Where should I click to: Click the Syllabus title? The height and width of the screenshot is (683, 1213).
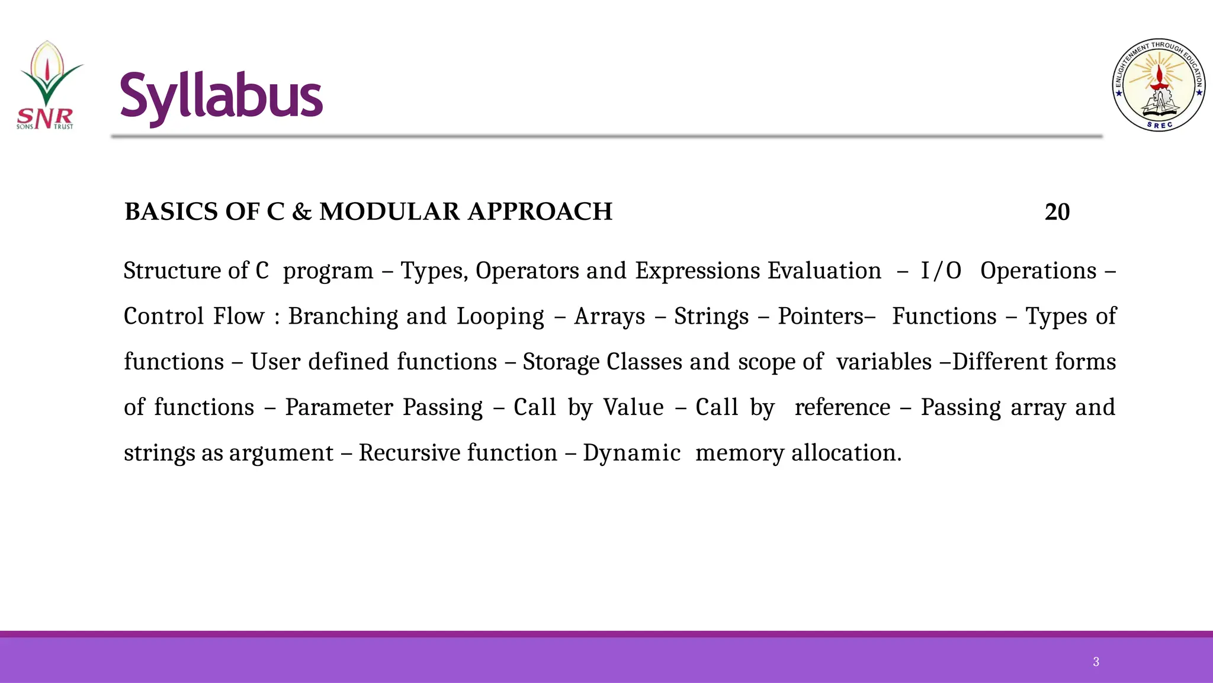pyautogui.click(x=221, y=97)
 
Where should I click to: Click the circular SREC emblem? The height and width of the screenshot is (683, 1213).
pyautogui.click(x=1159, y=85)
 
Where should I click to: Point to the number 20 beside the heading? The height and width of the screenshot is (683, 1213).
pyautogui.click(x=1057, y=212)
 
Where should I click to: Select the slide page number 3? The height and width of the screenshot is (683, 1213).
pyautogui.click(x=1096, y=662)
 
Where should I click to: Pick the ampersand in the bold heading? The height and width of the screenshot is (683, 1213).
pyautogui.click(x=301, y=212)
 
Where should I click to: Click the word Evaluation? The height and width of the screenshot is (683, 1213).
pyautogui.click(x=824, y=271)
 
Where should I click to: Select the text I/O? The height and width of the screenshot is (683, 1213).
pyautogui.click(x=941, y=271)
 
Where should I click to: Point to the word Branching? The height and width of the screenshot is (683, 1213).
pyautogui.click(x=343, y=317)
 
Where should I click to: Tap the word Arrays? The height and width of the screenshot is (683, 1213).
pyautogui.click(x=609, y=317)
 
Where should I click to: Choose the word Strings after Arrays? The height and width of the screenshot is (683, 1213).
pyautogui.click(x=711, y=317)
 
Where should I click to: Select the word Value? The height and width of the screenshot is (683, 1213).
pyautogui.click(x=633, y=407)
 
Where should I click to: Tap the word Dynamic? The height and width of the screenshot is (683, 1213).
pyautogui.click(x=631, y=454)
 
